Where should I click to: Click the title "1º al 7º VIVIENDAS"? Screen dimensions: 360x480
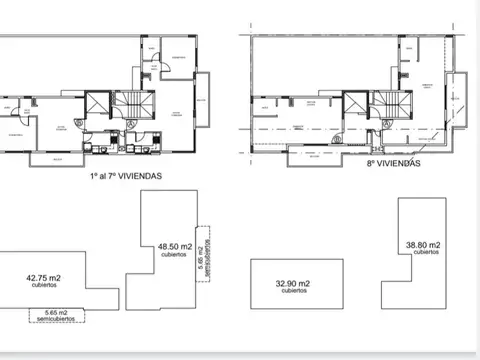[x=125, y=175]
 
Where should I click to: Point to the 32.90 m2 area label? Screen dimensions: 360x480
[x=293, y=285]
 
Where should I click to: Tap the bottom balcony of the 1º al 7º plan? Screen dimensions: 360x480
[x=55, y=158]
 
